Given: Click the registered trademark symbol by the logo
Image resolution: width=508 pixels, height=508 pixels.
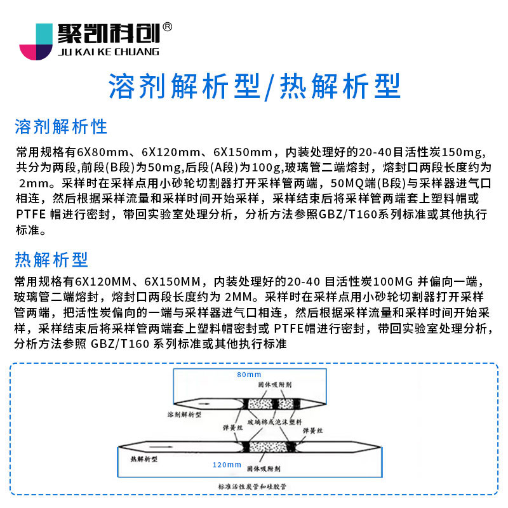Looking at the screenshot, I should point(168,27).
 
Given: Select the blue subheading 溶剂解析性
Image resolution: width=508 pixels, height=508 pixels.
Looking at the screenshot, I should point(61,126).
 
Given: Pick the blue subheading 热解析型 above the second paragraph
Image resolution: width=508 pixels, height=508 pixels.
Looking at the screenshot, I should point(51,259).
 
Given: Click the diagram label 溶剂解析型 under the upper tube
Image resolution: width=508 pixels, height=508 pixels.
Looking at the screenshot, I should point(184,415).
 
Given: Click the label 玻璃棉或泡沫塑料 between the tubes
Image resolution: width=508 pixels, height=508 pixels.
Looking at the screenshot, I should point(277,420).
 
